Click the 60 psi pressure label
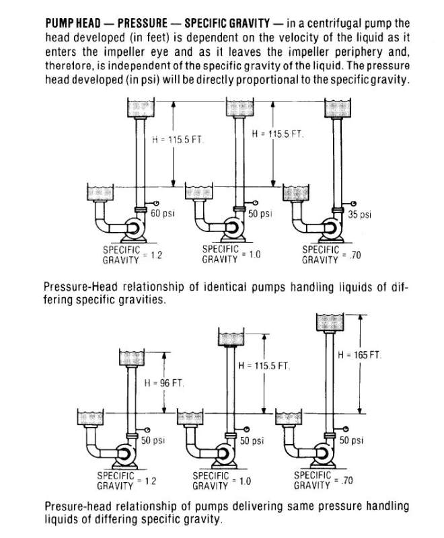point(163,214)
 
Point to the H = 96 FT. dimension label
point(164,383)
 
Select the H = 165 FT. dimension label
point(361,354)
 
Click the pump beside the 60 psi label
point(131,229)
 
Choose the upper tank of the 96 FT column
point(133,358)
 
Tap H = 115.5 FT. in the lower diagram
point(264,366)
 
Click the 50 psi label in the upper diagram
point(261,214)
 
